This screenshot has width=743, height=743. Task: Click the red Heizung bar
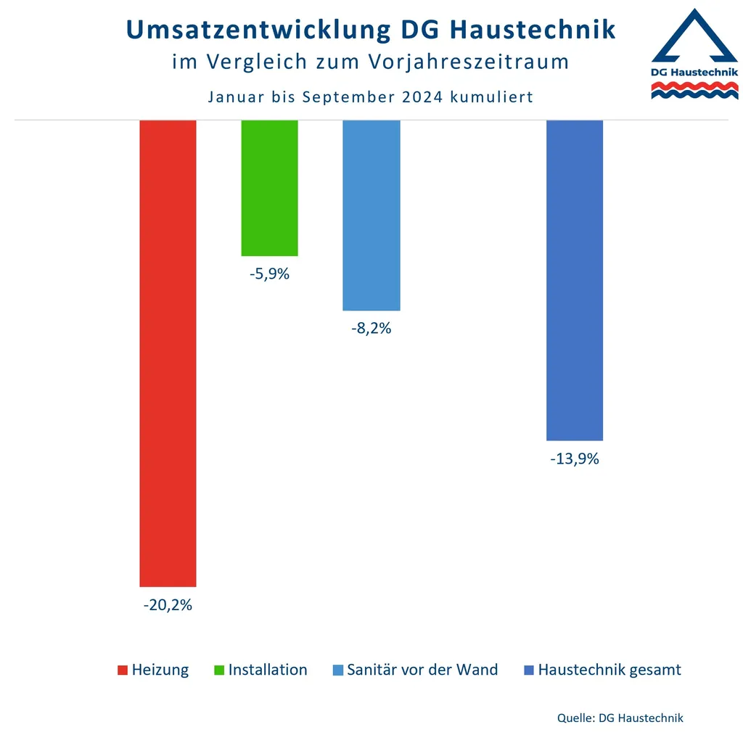click(x=168, y=353)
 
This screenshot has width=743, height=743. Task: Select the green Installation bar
click(x=269, y=188)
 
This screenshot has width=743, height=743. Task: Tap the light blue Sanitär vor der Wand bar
click(x=371, y=215)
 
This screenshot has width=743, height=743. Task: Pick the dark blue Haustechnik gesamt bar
click(x=574, y=280)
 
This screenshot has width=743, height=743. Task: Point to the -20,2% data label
click(x=168, y=604)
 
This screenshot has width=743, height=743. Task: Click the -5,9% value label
click(x=269, y=274)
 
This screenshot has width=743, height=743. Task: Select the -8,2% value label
click(x=371, y=328)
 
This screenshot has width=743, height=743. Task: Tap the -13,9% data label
click(x=574, y=459)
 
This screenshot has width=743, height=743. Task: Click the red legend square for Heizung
click(x=123, y=670)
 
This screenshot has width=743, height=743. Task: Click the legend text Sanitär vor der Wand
click(x=422, y=670)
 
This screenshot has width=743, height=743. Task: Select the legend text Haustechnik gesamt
click(x=609, y=670)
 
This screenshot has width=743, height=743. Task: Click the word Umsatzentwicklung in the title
click(x=257, y=30)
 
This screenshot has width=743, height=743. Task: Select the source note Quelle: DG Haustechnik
click(x=620, y=718)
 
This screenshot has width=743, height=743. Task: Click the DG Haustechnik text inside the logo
click(x=694, y=72)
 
